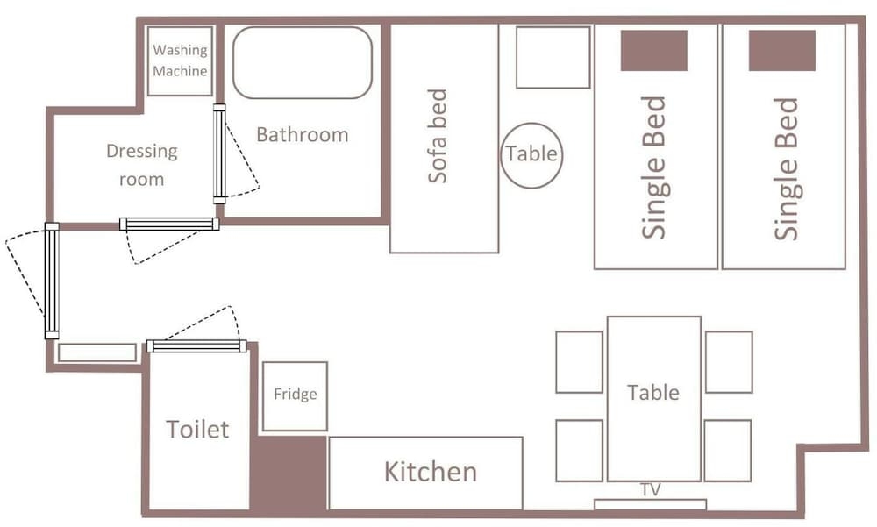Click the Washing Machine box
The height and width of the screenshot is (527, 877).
click(180, 61)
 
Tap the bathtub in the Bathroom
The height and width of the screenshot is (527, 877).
click(303, 62)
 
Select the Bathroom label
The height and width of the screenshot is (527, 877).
click(302, 135)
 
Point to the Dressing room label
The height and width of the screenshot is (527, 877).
click(142, 165)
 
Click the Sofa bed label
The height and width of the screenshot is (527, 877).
click(438, 136)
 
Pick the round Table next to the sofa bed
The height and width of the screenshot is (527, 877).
click(531, 155)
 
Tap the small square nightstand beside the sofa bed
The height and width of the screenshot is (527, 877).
click(553, 58)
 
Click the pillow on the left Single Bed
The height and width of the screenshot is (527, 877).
click(654, 50)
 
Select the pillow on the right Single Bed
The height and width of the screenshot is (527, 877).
click(782, 50)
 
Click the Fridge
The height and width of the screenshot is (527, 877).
click(295, 396)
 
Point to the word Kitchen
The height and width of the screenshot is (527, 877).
click(431, 472)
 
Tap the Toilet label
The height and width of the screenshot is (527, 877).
click(197, 430)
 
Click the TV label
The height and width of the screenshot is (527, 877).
click(651, 490)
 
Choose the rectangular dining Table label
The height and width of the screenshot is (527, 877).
click(653, 393)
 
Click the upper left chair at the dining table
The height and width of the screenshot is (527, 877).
click(580, 362)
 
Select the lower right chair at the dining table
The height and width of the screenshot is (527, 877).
click(728, 451)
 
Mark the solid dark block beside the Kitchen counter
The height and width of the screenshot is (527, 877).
click(288, 474)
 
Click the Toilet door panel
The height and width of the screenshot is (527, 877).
click(196, 345)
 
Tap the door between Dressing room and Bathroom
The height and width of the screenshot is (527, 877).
click(219, 153)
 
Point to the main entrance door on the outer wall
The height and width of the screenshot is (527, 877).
click(52, 281)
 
